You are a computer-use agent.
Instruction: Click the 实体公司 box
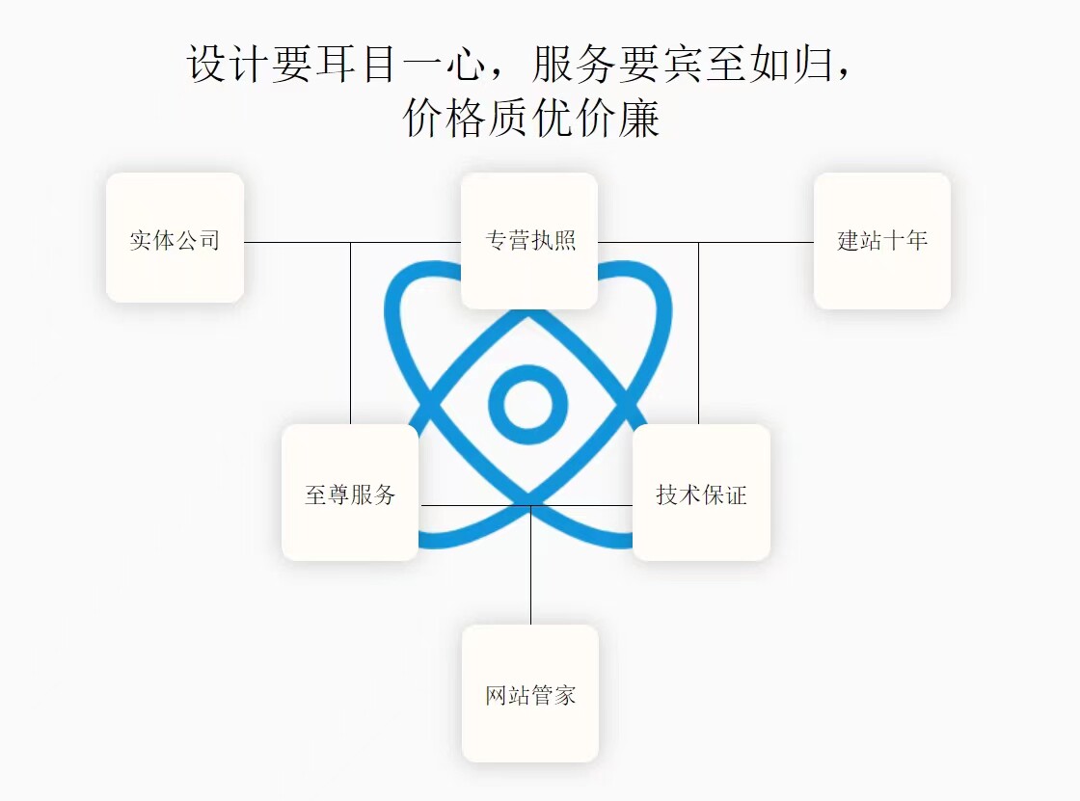point(175,238)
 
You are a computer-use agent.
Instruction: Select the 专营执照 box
point(529,241)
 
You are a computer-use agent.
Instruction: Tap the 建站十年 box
point(881,241)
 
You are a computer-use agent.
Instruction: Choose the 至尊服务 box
point(350,493)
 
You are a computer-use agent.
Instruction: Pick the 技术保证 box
point(701,493)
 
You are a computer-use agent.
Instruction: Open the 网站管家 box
point(530,693)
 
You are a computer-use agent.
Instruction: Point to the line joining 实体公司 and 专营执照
point(352,242)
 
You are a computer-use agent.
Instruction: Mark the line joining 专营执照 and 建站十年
point(704,242)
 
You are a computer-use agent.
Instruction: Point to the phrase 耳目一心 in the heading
point(395,65)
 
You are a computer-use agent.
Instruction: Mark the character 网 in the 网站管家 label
point(497,694)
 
